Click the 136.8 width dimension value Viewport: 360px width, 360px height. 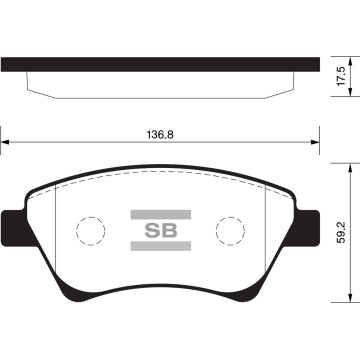(160, 135)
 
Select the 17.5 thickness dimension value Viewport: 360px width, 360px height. (342, 76)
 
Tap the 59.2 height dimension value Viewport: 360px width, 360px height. (342, 232)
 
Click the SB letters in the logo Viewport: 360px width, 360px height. (161, 230)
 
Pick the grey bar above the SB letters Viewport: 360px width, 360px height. (161, 215)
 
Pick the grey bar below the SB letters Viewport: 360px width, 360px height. (161, 246)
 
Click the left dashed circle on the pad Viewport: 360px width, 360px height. (76, 230)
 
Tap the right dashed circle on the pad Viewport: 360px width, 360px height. (216, 230)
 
